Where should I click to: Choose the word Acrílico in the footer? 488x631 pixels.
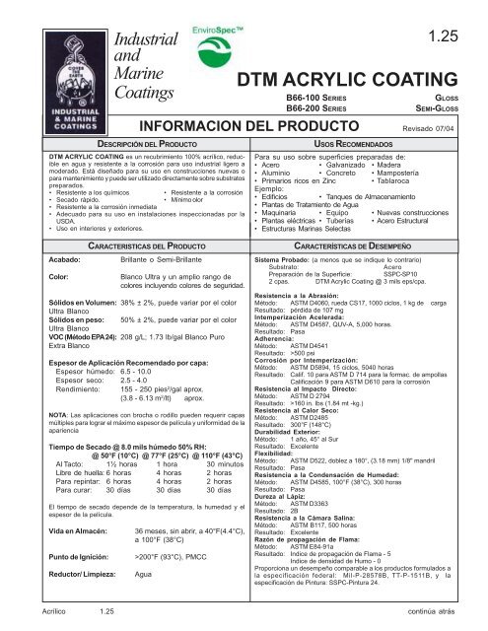[x=27, y=611]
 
